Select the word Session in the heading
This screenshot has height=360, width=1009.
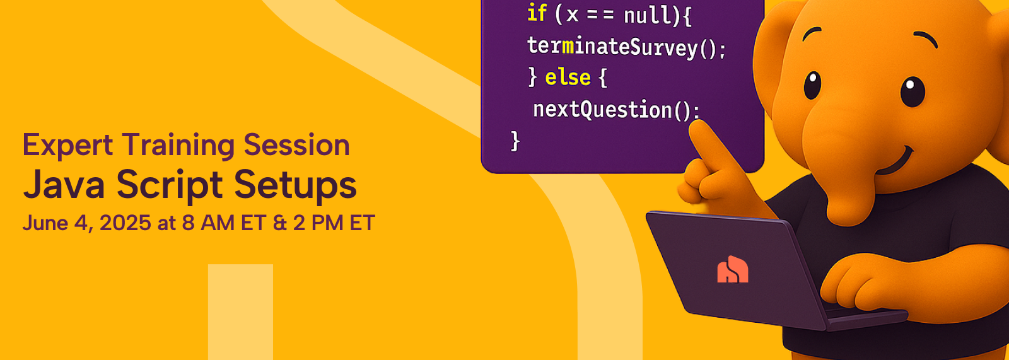pos(297,145)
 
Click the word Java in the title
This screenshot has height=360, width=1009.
pos(64,185)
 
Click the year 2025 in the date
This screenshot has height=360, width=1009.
pos(125,223)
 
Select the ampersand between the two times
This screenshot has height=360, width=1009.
pos(280,223)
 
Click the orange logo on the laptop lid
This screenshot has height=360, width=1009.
pos(732,269)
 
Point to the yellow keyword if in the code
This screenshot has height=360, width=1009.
pos(537,13)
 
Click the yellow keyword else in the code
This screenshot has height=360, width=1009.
pos(568,78)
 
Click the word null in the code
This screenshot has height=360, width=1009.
pos(646,15)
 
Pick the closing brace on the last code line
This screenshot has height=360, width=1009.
pos(515,141)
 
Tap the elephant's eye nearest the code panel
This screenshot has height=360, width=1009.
pos(812,85)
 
